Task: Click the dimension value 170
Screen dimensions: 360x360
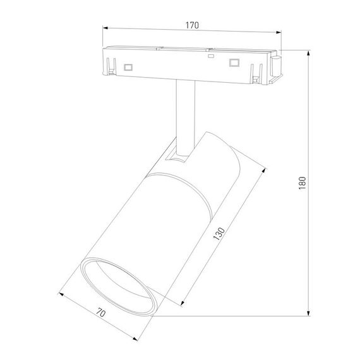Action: click(192, 25)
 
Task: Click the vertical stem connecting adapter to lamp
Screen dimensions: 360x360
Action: click(184, 117)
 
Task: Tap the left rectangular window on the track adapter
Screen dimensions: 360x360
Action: click(129, 66)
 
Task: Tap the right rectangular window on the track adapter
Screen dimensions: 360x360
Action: click(235, 63)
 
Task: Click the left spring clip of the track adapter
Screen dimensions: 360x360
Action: click(112, 65)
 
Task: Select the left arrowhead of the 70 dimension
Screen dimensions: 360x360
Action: click(61, 292)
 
